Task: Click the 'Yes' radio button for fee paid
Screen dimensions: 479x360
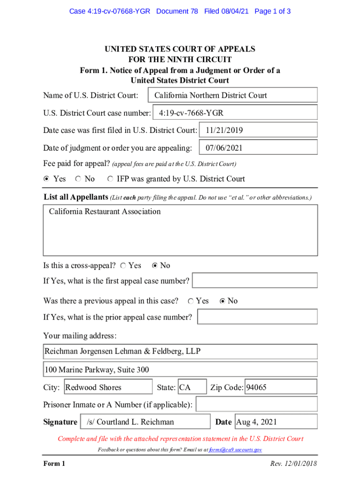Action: click(x=46, y=179)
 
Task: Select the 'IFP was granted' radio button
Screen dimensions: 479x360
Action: click(x=110, y=179)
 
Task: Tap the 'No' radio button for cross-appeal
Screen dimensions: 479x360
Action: click(x=155, y=266)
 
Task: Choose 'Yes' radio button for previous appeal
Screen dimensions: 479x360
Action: click(x=191, y=301)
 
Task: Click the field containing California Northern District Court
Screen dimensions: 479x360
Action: click(x=232, y=95)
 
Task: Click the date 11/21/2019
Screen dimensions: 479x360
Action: click(x=258, y=131)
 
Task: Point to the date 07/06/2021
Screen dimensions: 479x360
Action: click(x=258, y=148)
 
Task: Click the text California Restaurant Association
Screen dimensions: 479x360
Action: click(x=105, y=211)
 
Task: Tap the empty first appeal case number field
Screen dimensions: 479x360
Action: click(x=255, y=281)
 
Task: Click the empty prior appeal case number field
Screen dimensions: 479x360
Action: click(x=257, y=317)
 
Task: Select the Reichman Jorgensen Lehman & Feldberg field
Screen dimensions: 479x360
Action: click(x=180, y=351)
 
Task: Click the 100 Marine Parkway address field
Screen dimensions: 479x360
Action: click(x=180, y=370)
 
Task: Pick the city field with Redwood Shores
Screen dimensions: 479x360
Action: click(x=108, y=387)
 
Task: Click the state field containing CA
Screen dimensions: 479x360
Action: click(x=192, y=387)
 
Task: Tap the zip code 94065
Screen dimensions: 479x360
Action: click(x=281, y=387)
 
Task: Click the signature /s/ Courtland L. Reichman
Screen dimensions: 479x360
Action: click(x=145, y=422)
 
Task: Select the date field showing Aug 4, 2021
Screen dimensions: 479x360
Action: click(x=275, y=422)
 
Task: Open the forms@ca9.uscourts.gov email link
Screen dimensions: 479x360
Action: click(x=235, y=450)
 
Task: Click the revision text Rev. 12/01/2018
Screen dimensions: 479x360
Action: click(x=294, y=464)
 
